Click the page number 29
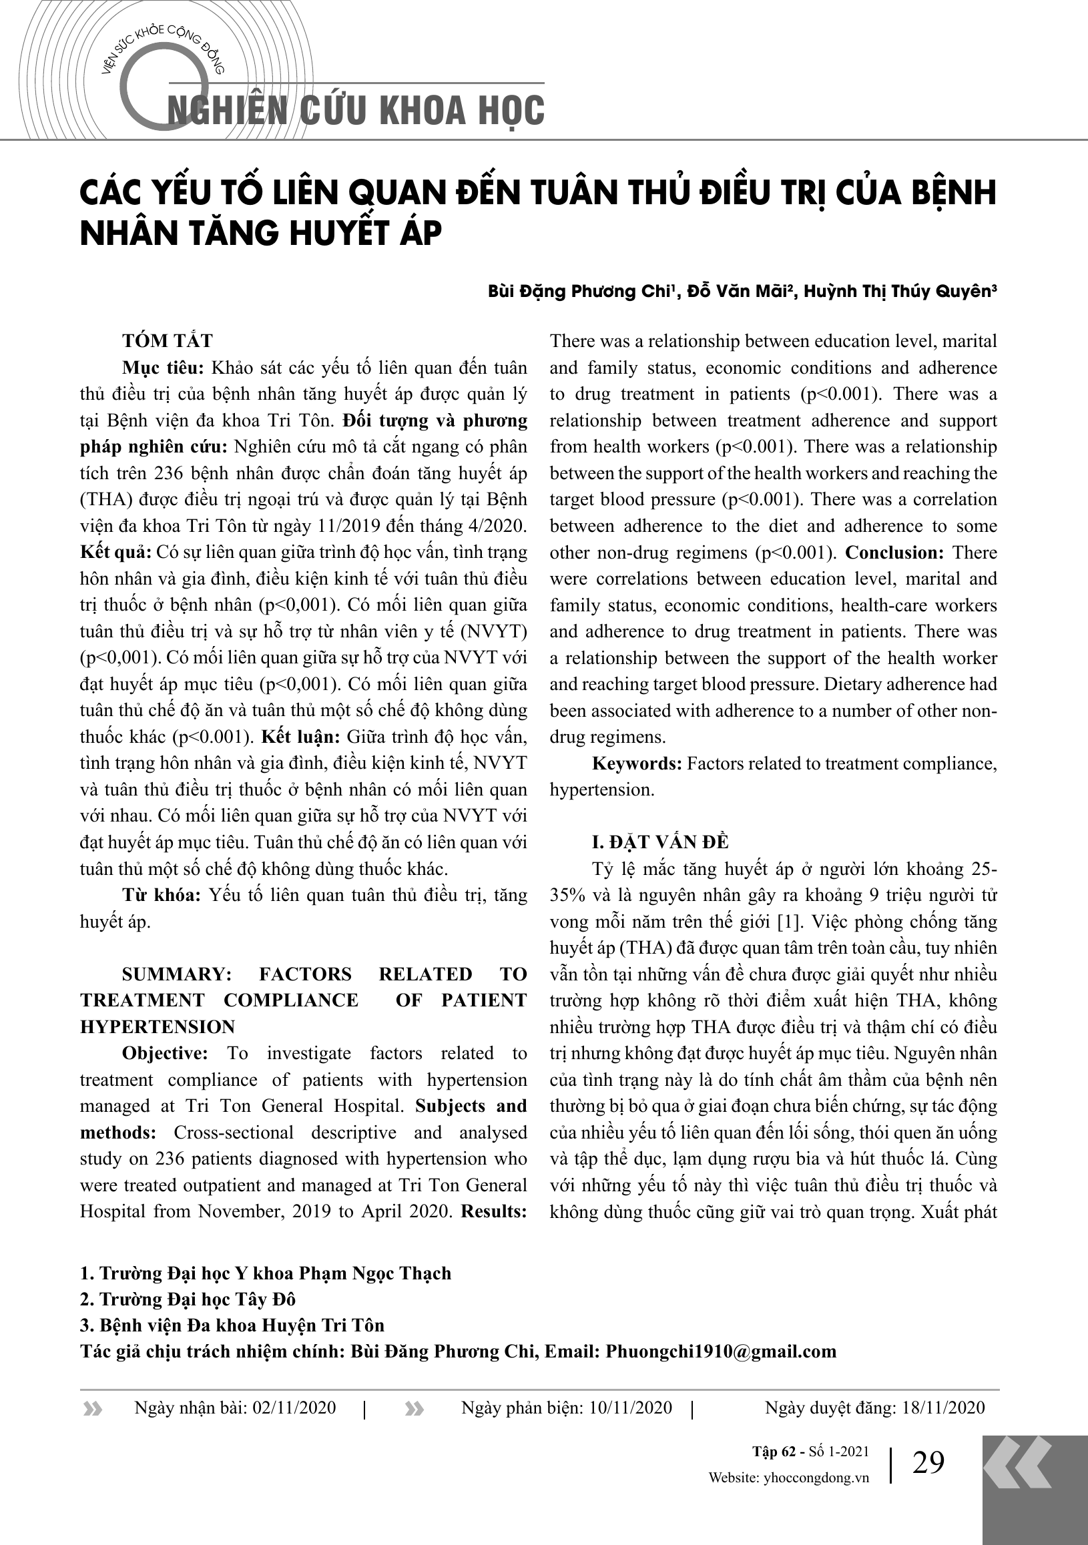pyautogui.click(x=928, y=1462)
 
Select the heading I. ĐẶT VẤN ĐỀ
pyautogui.click(x=660, y=842)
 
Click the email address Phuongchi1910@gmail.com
pyautogui.click(x=721, y=1351)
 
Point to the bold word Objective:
pyautogui.click(x=165, y=1053)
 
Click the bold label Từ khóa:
pyautogui.click(x=162, y=895)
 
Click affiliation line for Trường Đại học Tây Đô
pyautogui.click(x=188, y=1299)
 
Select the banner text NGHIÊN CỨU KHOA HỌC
pyautogui.click(x=356, y=111)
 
